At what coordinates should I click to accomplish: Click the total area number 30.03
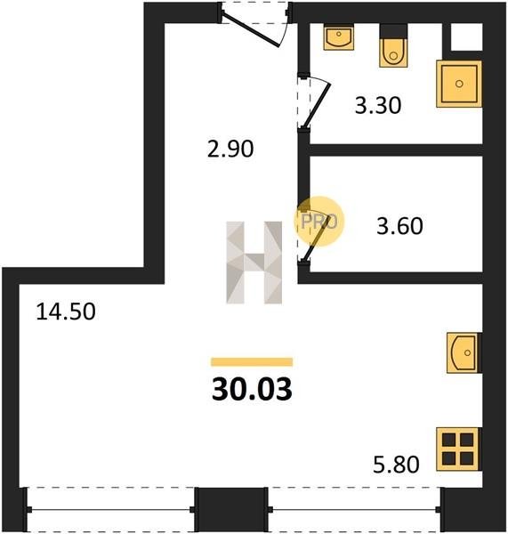pos(252,389)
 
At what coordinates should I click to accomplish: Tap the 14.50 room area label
pos(65,311)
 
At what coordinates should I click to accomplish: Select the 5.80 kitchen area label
pos(396,465)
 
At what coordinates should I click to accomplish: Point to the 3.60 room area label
pos(399,226)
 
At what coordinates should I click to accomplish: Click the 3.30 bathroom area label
pos(378,105)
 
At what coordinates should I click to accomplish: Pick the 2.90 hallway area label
pos(230,149)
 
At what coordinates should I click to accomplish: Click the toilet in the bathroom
pos(393,46)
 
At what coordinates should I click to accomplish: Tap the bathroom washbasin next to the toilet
pos(338,37)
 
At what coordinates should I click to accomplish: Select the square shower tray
pos(459,84)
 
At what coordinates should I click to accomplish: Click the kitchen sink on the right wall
pos(464,352)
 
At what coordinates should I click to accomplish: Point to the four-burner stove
pos(458,449)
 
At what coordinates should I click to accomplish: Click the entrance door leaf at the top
pos(251,30)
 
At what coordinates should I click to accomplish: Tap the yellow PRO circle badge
pos(319,222)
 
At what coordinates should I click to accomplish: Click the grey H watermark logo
pos(254,263)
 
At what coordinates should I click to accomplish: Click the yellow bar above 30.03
pos(252,361)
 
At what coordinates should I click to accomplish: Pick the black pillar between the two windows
pos(230,509)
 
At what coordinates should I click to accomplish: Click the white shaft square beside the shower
pos(466,36)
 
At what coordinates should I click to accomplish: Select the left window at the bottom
pos(110,509)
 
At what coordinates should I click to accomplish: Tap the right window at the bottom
pos(354,509)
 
